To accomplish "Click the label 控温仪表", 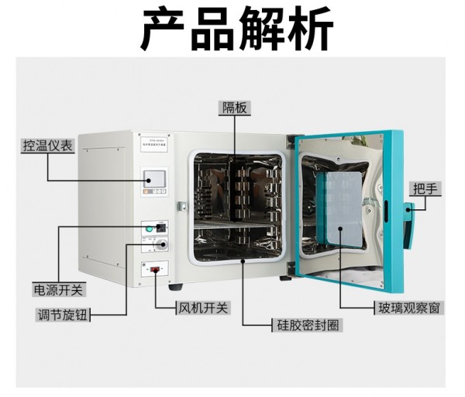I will [x=48, y=146].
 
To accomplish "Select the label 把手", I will [x=425, y=188].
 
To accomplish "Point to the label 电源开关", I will [x=58, y=289].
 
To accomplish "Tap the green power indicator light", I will [x=147, y=228].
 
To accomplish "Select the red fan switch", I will [x=155, y=271].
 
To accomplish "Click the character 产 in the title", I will [x=165, y=29].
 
